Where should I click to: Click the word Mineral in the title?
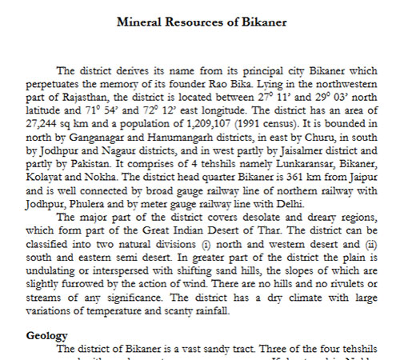click(x=138, y=22)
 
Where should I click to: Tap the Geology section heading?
click(x=47, y=335)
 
